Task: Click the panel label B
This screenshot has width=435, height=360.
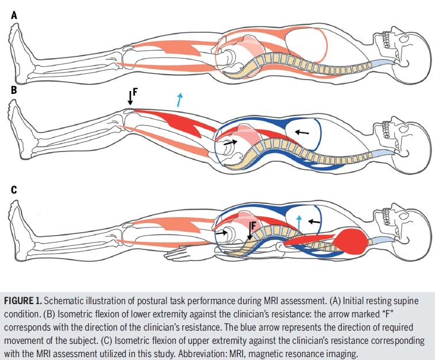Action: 13,90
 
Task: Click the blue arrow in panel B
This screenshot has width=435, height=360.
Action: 181,99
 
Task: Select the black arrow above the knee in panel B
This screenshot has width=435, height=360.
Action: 131,98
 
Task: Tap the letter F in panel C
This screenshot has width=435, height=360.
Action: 253,226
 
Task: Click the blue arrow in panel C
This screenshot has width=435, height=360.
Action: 298,222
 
